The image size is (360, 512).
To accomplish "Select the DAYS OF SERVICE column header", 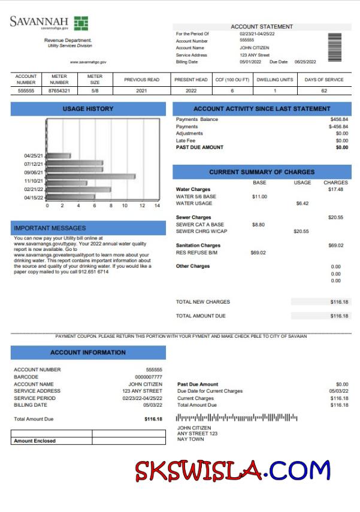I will point(324,80).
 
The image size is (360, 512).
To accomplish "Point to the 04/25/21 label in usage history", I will point(34,156).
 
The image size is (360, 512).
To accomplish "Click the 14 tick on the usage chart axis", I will point(157,205).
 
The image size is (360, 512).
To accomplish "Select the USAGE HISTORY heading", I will point(88,109).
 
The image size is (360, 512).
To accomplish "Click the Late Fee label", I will point(186,140).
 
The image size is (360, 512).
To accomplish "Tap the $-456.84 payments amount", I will point(338,126).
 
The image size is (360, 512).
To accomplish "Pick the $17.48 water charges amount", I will point(335,189).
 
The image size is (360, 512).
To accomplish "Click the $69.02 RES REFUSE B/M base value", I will point(258,253).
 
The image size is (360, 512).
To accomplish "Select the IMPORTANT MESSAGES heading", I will point(50,228).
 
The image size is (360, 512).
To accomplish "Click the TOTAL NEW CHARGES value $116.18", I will point(338,302).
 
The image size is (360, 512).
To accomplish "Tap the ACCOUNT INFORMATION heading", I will point(88,353).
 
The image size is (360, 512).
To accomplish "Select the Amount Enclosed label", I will point(35,441).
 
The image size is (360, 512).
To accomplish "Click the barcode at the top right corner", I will point(335,44).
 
